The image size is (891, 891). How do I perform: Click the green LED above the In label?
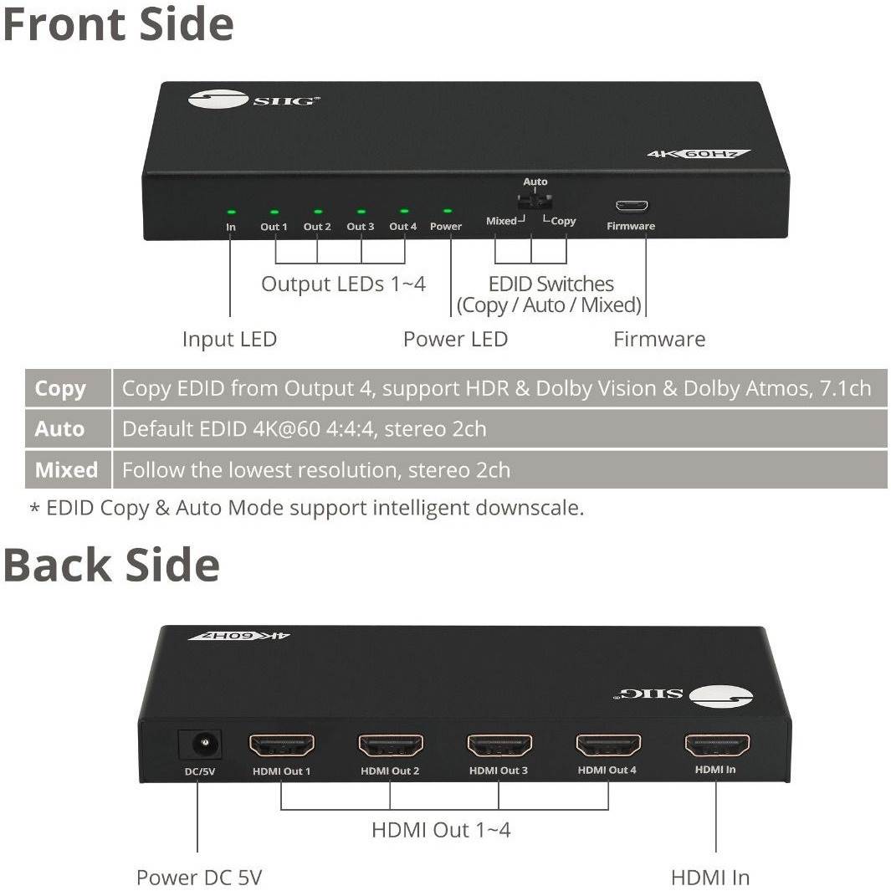[x=231, y=212]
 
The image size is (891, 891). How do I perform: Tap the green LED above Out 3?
[x=361, y=212]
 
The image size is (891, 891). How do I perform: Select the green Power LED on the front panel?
[x=447, y=212]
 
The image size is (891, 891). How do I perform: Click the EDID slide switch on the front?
[x=534, y=202]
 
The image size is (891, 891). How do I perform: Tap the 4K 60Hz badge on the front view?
[x=699, y=154]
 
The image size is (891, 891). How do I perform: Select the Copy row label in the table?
[x=60, y=389]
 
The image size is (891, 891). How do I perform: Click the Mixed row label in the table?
[x=66, y=470]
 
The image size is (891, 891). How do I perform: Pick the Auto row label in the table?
[x=60, y=429]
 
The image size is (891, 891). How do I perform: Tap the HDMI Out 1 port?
[x=282, y=745]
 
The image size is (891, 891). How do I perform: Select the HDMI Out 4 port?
[x=608, y=745]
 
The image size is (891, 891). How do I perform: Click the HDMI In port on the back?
[x=717, y=744]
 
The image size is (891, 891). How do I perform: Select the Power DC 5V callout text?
[x=199, y=878]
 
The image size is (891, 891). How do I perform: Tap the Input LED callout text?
[x=229, y=339]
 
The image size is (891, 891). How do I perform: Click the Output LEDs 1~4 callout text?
[x=343, y=284]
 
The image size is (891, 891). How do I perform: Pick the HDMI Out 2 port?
[x=391, y=745]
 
